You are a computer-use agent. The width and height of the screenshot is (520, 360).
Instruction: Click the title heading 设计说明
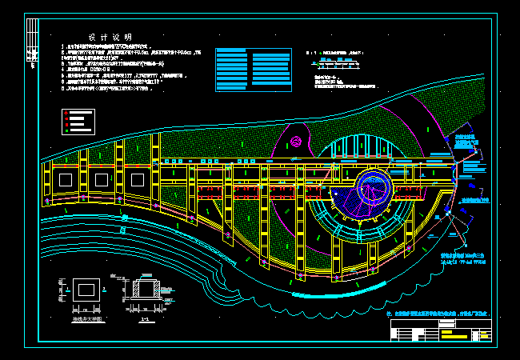pos(110,38)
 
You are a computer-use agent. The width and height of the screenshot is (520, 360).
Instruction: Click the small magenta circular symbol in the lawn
pos(296,142)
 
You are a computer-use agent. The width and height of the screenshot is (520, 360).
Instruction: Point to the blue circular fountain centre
pos(373,188)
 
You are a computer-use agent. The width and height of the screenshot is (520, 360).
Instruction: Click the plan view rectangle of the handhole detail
pos(83,291)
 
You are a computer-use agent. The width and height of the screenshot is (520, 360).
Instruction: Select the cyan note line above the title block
pos(437,313)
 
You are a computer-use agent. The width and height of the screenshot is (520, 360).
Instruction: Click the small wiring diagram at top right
pos(340,60)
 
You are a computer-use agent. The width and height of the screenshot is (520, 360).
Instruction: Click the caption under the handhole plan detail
pos(83,318)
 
